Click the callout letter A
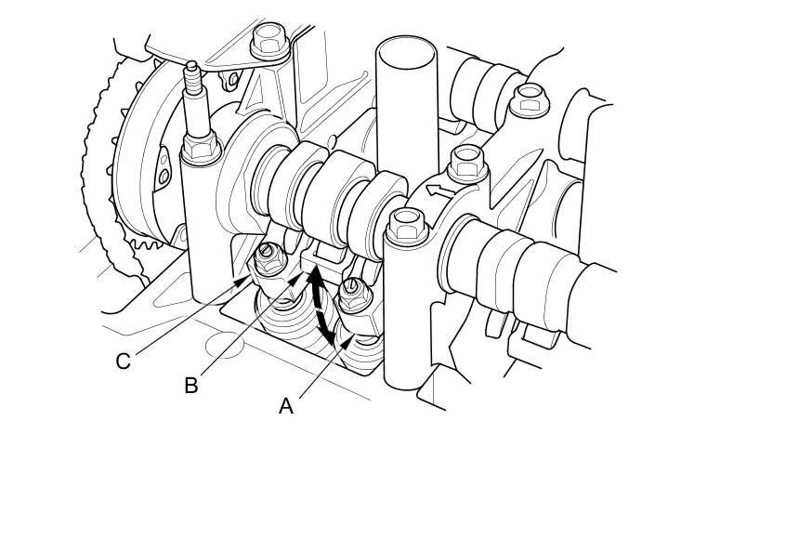pyautogui.click(x=286, y=406)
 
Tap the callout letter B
pyautogui.click(x=190, y=386)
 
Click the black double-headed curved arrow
pyautogui.click(x=322, y=302)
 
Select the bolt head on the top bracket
pyautogui.click(x=269, y=39)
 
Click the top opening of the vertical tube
pyautogui.click(x=406, y=50)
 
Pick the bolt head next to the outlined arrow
pyautogui.click(x=466, y=165)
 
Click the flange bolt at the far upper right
pyautogui.click(x=529, y=96)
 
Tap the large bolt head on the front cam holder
pyautogui.click(x=406, y=224)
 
